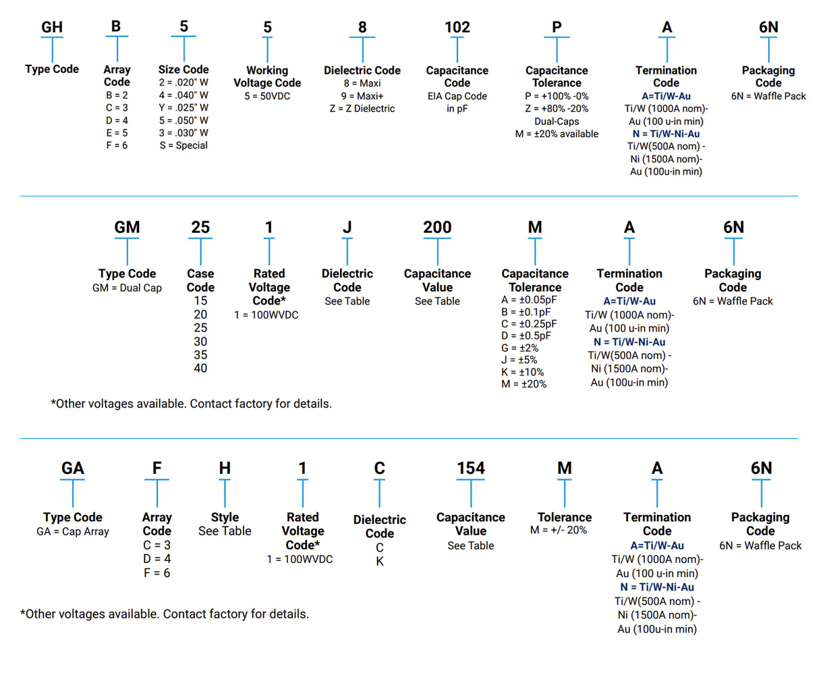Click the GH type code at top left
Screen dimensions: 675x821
click(x=52, y=28)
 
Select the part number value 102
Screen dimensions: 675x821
click(x=457, y=28)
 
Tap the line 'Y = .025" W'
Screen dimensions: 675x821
click(x=183, y=107)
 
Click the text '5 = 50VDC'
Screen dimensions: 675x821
click(x=267, y=96)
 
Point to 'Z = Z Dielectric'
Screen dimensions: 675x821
click(x=362, y=108)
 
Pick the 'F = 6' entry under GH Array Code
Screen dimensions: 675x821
click(x=117, y=145)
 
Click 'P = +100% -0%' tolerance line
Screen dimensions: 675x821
click(x=557, y=96)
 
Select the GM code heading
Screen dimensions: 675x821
click(x=127, y=227)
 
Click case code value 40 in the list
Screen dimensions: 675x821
click(x=200, y=369)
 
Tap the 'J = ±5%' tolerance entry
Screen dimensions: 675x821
click(x=519, y=360)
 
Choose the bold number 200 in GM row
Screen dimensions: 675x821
click(x=437, y=227)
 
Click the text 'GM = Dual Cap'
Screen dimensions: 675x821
click(x=127, y=288)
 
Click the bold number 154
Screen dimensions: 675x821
click(x=470, y=468)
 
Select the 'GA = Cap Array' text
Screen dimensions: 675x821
click(x=72, y=531)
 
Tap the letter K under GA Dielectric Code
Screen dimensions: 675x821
click(x=379, y=561)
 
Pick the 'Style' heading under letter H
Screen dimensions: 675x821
click(x=225, y=517)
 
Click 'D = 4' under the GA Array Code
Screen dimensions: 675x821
click(x=157, y=559)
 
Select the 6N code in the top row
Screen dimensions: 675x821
click(x=768, y=28)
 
